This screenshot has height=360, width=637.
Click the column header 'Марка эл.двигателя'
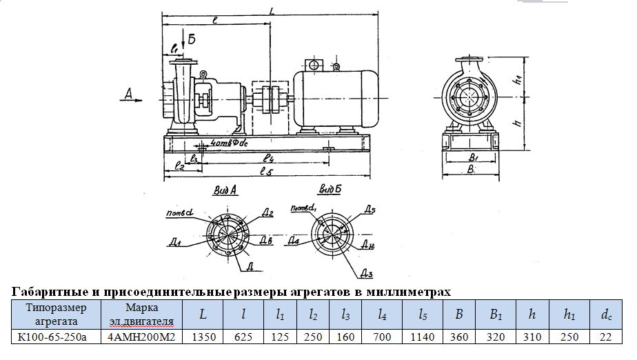143,314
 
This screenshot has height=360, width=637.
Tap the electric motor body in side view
334,99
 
